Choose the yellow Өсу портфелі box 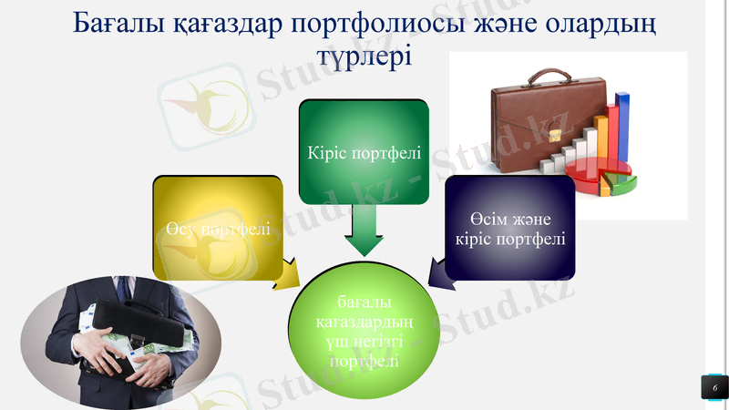[x=218, y=227]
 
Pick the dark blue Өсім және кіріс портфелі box [x=510, y=228]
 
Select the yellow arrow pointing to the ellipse [x=286, y=273]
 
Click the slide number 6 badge [x=714, y=388]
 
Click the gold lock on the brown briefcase [x=554, y=135]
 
